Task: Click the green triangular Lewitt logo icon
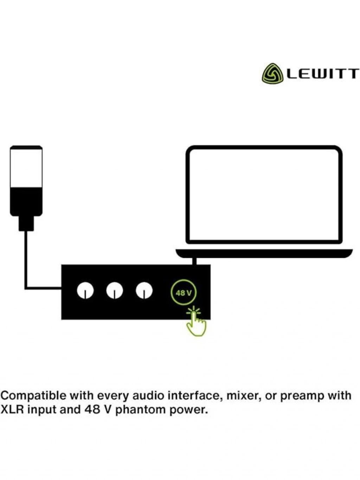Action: tap(272, 73)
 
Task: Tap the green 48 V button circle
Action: tap(184, 292)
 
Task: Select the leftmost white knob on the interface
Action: tap(85, 290)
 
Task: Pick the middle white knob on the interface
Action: tap(115, 290)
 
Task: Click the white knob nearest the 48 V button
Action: tap(144, 290)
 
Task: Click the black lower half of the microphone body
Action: tap(26, 201)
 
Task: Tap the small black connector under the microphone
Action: tap(26, 223)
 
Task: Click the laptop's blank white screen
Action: tap(264, 195)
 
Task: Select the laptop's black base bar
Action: tap(264, 253)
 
